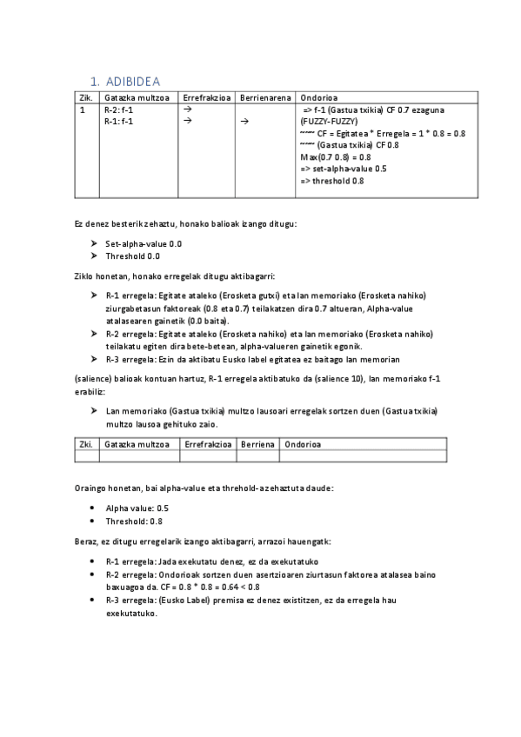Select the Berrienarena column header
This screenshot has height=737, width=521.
(x=265, y=97)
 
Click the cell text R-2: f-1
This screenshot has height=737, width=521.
(x=118, y=110)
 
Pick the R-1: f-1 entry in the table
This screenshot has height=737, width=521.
(x=118, y=122)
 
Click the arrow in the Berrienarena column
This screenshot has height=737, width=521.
(x=244, y=122)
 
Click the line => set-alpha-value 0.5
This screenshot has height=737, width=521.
(x=343, y=169)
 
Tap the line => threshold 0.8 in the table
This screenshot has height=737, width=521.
(x=331, y=181)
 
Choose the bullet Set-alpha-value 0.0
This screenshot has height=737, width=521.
(x=144, y=244)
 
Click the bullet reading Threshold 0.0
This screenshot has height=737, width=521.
(x=132, y=256)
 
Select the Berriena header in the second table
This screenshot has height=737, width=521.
(x=257, y=443)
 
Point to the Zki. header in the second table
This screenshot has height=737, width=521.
(x=86, y=443)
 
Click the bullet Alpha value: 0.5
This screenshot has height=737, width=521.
(x=137, y=508)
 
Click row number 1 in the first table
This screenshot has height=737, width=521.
(x=82, y=110)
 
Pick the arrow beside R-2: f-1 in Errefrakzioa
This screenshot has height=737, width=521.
(x=188, y=110)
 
